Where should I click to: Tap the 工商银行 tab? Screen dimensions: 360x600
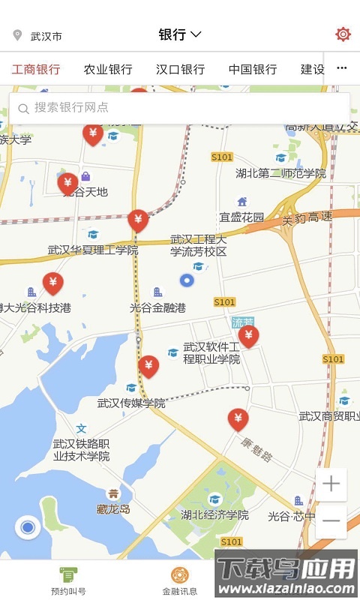pyautogui.click(x=36, y=70)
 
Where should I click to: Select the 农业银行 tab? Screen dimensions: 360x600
pyautogui.click(x=108, y=70)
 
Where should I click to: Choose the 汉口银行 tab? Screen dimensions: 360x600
pyautogui.click(x=180, y=70)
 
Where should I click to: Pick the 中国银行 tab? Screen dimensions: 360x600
pyautogui.click(x=253, y=70)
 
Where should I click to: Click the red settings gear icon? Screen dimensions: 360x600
pyautogui.click(x=343, y=34)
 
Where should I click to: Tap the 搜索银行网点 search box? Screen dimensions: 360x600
pyautogui.click(x=179, y=108)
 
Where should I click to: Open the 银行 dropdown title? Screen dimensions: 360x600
pyautogui.click(x=180, y=34)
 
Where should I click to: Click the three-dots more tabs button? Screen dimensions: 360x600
pyautogui.click(x=342, y=68)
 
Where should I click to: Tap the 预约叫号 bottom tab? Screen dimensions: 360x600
pyautogui.click(x=68, y=581)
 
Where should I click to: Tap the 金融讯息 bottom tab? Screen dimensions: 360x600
pyautogui.click(x=180, y=581)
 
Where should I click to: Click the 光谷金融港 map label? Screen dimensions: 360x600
pyautogui.click(x=157, y=307)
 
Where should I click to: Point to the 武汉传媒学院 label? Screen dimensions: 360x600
pyautogui.click(x=131, y=403)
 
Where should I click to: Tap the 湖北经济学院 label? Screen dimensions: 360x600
pyautogui.click(x=214, y=515)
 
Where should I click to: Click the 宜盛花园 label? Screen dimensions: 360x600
pyautogui.click(x=241, y=217)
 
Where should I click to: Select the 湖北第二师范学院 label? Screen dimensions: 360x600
pyautogui.click(x=280, y=173)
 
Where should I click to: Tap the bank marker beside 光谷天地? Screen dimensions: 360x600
pyautogui.click(x=67, y=182)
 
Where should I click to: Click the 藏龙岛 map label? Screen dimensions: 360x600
pyautogui.click(x=113, y=508)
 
